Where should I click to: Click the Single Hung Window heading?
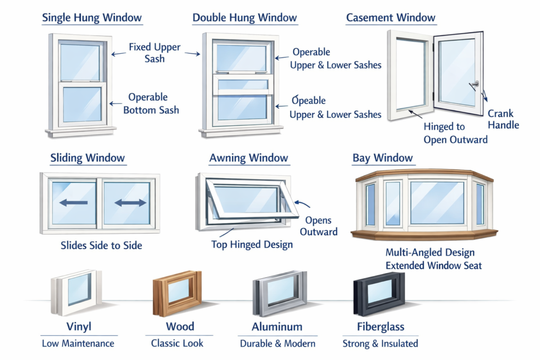click(92, 17)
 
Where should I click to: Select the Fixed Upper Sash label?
click(155, 53)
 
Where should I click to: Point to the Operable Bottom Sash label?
click(151, 104)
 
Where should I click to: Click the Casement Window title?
click(391, 17)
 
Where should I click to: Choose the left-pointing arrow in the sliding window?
click(73, 203)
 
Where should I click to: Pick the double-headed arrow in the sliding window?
click(130, 203)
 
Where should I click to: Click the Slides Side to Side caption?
click(101, 246)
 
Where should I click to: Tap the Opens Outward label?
click(319, 226)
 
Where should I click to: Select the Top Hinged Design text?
click(252, 245)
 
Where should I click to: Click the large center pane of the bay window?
click(437, 203)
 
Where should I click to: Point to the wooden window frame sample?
click(177, 293)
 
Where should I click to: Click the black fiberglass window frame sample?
click(379, 294)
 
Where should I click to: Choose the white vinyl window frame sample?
click(76, 293)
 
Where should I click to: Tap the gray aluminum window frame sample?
click(279, 293)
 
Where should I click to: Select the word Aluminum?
click(277, 327)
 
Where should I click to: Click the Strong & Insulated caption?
click(380, 344)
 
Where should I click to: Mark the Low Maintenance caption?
click(78, 344)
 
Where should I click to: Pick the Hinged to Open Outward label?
click(456, 133)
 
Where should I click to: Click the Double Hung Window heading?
click(245, 17)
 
